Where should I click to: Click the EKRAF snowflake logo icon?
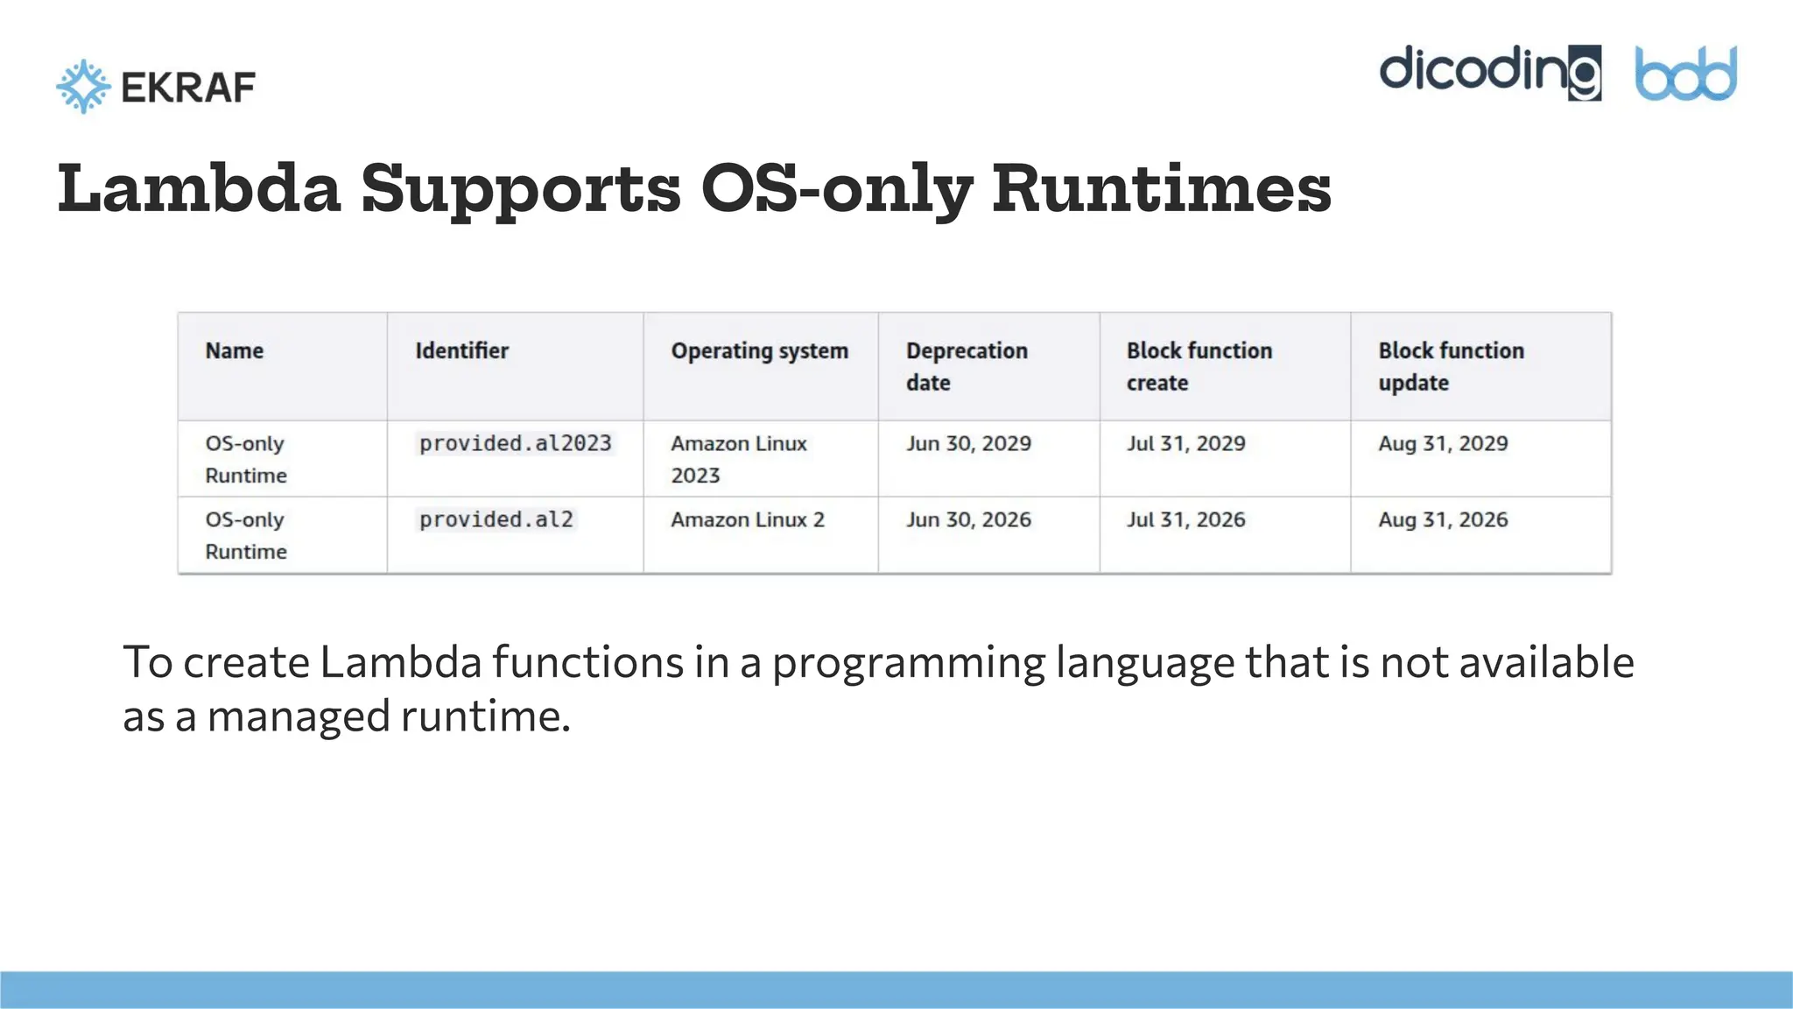click(83, 87)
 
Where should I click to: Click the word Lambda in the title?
click(199, 188)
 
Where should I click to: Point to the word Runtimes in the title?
click(1161, 188)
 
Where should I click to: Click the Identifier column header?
click(461, 351)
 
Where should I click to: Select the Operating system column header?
click(759, 351)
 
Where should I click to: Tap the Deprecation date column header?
click(966, 366)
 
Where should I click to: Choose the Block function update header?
click(1450, 366)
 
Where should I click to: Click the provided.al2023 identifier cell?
click(515, 444)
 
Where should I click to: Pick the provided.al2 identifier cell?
click(496, 520)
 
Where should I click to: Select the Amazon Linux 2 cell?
click(748, 520)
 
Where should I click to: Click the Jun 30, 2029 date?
click(968, 444)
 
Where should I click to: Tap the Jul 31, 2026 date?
click(1185, 520)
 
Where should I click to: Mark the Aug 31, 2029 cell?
click(1443, 444)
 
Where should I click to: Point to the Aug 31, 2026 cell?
click(1443, 520)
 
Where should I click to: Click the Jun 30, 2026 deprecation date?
click(968, 520)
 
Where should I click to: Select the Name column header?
click(234, 351)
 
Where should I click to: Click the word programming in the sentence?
click(908, 663)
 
